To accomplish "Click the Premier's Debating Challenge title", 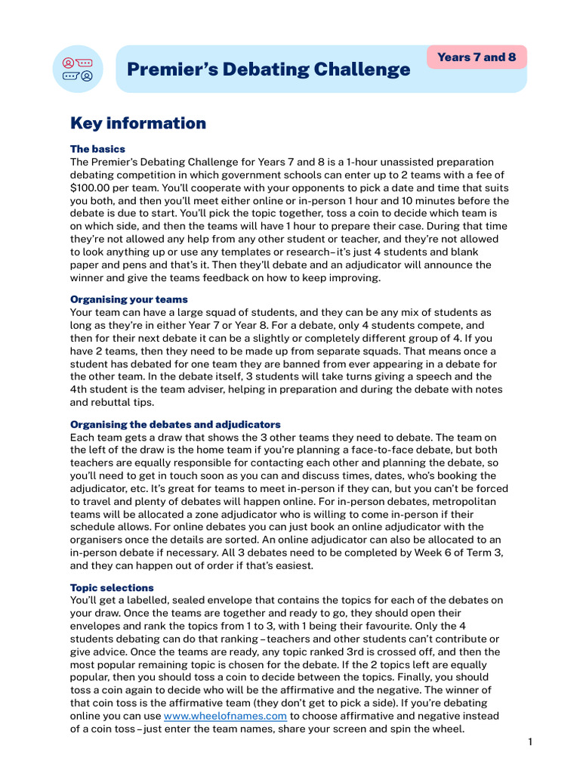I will tap(268, 70).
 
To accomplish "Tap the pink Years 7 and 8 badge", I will tap(477, 57).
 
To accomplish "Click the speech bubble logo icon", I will tap(77, 69).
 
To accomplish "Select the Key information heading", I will tap(137, 123).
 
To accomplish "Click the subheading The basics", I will tap(97, 149).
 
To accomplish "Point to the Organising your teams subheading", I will tap(128, 299).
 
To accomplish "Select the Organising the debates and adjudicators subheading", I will tap(175, 424).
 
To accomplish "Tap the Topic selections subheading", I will tap(112, 587).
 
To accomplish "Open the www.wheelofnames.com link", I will tap(225, 716).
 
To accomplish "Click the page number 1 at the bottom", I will tap(530, 741).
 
